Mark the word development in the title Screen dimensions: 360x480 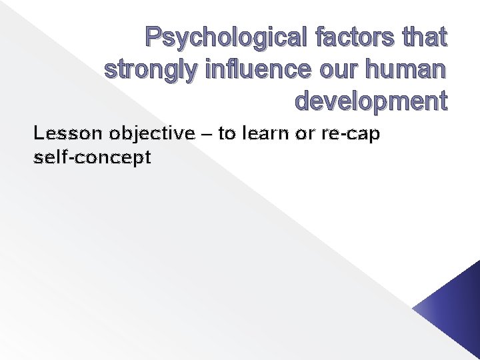pos(371,102)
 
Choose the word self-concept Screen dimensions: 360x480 pos(92,158)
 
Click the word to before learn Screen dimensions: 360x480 pos(227,134)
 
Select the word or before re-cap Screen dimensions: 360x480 pos(305,135)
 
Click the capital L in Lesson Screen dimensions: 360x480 pos(38,134)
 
